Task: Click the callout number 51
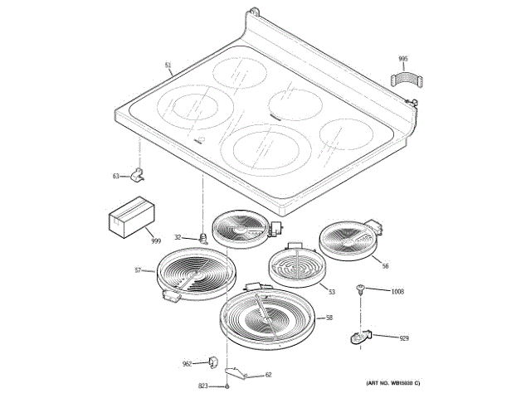coord(168,65)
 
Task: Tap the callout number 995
coord(403,59)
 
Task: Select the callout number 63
coord(116,175)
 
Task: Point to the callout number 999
coord(155,240)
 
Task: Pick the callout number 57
coord(138,270)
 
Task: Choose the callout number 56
coord(385,265)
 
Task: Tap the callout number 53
coord(331,291)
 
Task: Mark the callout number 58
coord(329,318)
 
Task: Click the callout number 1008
coord(397,291)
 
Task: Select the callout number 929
coord(404,338)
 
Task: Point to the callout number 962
coord(187,364)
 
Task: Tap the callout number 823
coord(202,386)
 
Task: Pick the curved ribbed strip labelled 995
coord(406,81)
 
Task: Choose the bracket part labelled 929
coord(359,337)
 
